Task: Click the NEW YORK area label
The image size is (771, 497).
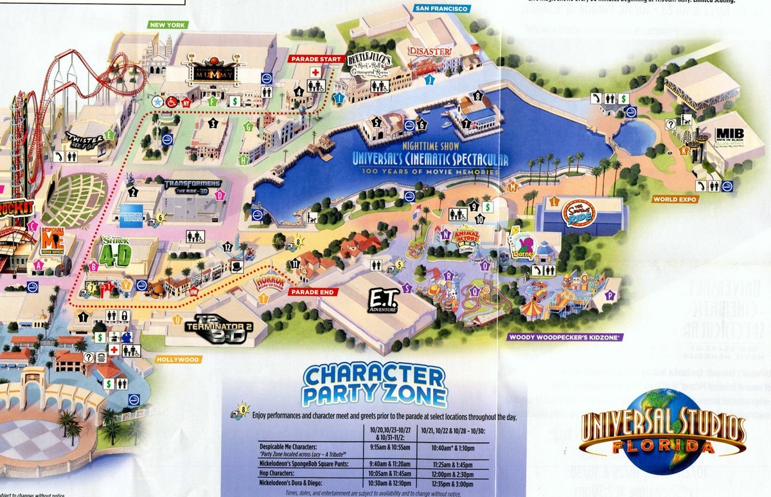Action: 167,25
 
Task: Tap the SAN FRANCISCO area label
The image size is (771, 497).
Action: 442,9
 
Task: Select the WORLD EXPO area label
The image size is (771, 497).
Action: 675,199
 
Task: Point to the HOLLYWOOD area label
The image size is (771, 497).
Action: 179,359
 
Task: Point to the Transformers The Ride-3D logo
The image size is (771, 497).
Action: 192,186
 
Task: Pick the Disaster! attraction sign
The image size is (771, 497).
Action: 429,51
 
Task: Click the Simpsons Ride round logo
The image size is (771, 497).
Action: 580,212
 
